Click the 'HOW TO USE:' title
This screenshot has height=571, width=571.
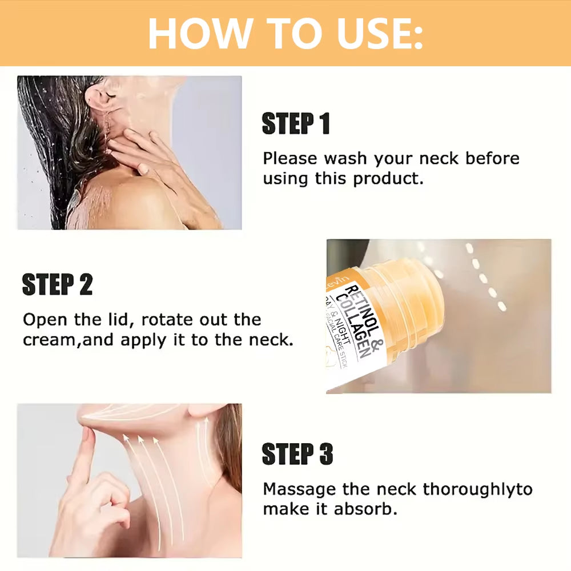[x=285, y=33]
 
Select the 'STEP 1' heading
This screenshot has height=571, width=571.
[x=296, y=124]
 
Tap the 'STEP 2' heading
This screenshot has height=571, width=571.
[x=57, y=284]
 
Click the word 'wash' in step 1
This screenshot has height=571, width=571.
[x=345, y=158]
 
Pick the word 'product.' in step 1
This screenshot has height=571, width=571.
[x=388, y=179]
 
